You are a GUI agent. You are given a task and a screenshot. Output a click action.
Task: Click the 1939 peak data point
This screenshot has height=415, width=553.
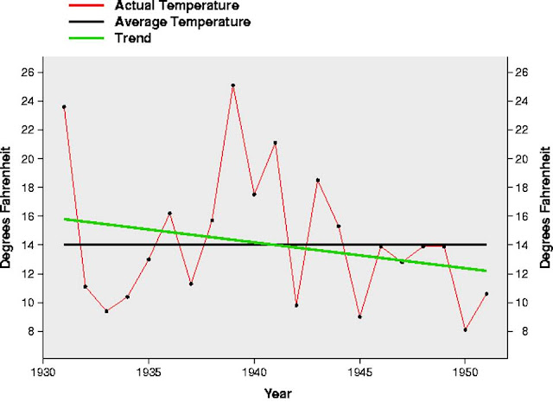(x=232, y=86)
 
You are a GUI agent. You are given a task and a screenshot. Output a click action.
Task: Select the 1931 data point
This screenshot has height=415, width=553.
(x=64, y=107)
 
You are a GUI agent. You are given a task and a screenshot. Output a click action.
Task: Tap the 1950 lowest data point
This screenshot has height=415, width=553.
(x=465, y=329)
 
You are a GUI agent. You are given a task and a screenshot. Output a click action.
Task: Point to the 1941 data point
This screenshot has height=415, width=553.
(x=275, y=143)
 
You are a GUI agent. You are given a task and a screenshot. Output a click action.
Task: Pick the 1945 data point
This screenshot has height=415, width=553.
(x=359, y=316)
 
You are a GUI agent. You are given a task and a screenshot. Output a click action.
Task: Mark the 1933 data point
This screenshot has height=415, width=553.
(x=106, y=310)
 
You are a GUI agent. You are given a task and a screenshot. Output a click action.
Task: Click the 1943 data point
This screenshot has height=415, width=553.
(x=317, y=180)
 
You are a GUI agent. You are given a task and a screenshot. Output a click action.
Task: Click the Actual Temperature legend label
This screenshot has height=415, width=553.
(x=176, y=6)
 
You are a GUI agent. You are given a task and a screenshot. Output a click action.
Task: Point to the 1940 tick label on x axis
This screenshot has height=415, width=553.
(x=254, y=373)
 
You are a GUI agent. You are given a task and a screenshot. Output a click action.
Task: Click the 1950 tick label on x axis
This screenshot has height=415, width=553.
(x=465, y=373)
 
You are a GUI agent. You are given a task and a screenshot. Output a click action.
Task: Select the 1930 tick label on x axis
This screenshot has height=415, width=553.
(x=42, y=373)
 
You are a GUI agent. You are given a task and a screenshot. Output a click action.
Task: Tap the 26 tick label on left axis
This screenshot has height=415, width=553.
(x=28, y=73)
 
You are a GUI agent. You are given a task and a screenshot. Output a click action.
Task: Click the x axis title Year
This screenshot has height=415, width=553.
(x=277, y=394)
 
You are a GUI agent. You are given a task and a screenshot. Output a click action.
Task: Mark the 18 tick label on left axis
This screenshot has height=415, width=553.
(x=28, y=188)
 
